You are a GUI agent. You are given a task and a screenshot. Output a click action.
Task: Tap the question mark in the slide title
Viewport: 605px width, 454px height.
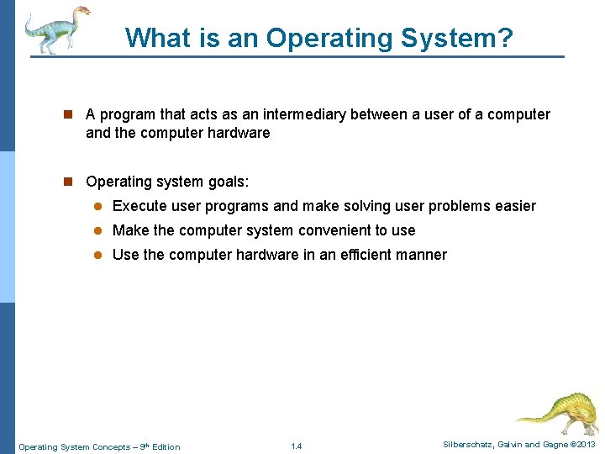[503, 38]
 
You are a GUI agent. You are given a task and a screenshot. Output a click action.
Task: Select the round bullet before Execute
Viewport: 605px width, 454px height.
[97, 207]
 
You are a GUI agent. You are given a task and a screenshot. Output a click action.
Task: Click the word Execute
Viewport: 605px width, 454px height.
[139, 206]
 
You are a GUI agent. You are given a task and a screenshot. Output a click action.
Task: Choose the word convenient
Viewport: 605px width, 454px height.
[323, 230]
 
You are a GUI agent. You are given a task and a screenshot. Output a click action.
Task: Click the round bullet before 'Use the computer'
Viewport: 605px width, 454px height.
[97, 256]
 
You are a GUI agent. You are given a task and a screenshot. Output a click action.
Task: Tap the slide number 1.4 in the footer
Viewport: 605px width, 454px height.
[296, 446]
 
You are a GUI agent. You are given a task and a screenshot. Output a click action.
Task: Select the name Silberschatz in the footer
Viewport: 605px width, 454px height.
[467, 445]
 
